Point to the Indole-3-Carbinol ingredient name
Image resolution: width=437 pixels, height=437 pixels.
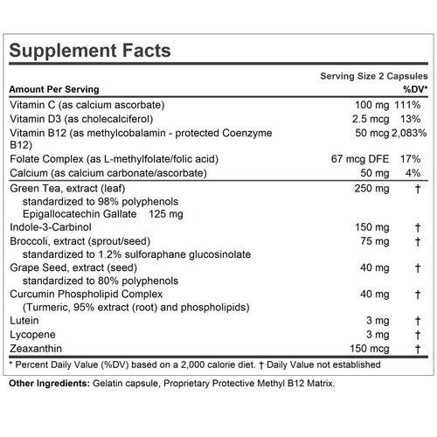click(50, 228)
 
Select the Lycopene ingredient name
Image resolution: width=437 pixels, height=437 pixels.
click(31, 335)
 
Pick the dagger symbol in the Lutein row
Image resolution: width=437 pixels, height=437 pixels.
click(420, 321)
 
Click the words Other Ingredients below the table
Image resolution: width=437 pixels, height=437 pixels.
click(45, 385)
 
